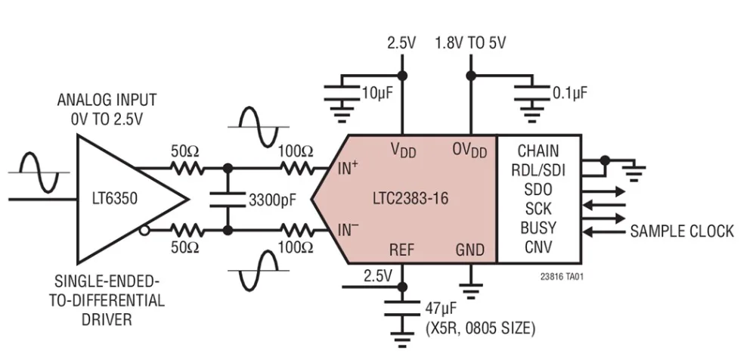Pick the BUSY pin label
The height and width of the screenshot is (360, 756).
[x=538, y=227]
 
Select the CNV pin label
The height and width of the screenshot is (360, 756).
[x=538, y=246]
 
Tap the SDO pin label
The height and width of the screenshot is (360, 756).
[x=538, y=189]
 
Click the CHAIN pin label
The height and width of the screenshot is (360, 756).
[x=538, y=151]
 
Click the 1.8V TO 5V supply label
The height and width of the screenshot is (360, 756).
[x=470, y=44]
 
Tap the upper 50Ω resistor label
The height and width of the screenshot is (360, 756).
[x=184, y=150]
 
